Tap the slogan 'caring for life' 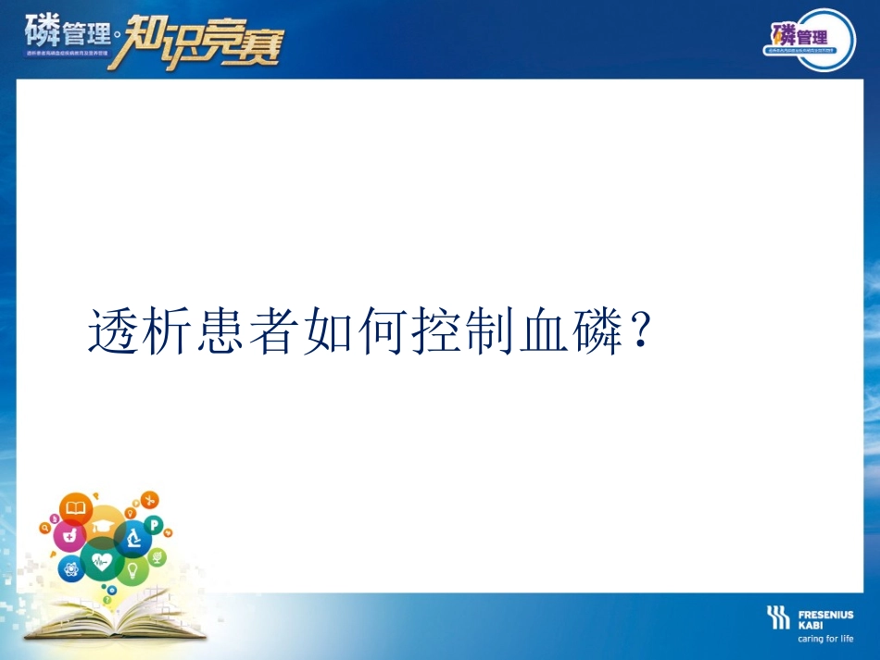coord(825,639)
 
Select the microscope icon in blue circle coord(133,538)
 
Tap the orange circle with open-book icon coord(75,508)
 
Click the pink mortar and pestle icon coord(69,535)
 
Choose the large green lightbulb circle coord(132,569)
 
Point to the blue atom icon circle coord(70,567)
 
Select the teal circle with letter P coord(155,526)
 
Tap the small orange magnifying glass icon coord(44,527)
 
